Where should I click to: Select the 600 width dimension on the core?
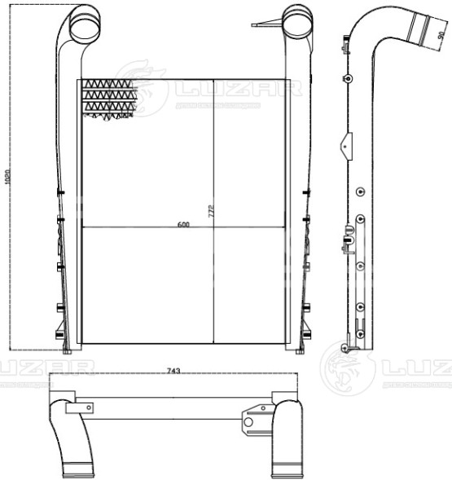tap(183, 224)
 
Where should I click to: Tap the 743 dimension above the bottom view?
tap(173, 371)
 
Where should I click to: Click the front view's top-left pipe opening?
tap(84, 25)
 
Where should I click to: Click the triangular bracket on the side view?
tap(346, 146)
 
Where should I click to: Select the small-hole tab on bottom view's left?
tap(86, 406)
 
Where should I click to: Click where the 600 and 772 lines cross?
tap(213, 226)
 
